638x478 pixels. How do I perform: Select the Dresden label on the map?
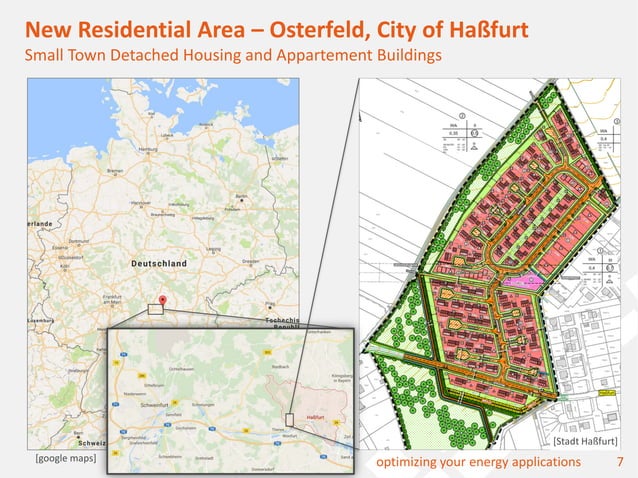(x=252, y=260)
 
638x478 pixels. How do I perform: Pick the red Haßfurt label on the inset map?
(x=314, y=416)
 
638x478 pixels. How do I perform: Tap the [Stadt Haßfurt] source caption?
(x=583, y=441)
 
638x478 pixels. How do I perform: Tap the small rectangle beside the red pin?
(x=155, y=309)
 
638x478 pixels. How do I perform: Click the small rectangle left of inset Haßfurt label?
(x=289, y=419)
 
